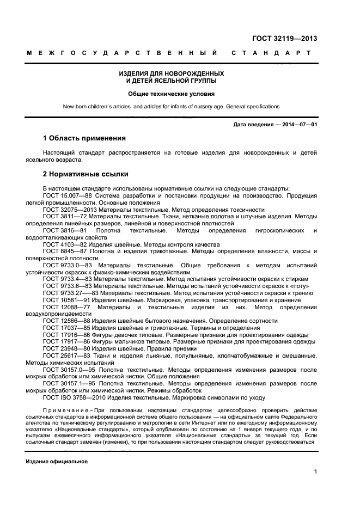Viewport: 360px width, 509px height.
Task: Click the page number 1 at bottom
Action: [x=315, y=472]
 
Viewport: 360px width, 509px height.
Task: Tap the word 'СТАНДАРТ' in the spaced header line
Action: [x=271, y=53]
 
